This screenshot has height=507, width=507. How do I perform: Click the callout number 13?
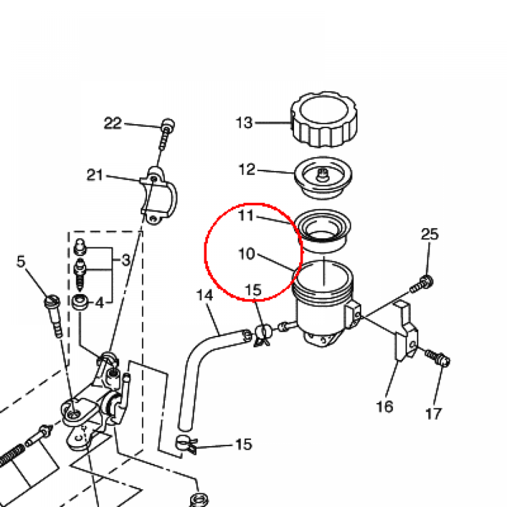pyautogui.click(x=244, y=123)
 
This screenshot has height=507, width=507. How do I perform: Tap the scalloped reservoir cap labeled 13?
pyautogui.click(x=324, y=119)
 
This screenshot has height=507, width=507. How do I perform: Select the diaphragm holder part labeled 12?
pyautogui.click(x=323, y=178)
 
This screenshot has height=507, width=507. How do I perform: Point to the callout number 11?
pyautogui.click(x=246, y=215)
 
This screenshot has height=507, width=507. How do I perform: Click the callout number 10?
pyautogui.click(x=247, y=254)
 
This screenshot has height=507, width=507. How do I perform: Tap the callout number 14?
pyautogui.click(x=204, y=295)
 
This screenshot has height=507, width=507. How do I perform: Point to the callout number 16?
pyautogui.click(x=384, y=406)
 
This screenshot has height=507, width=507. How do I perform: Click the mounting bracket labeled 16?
pyautogui.click(x=406, y=331)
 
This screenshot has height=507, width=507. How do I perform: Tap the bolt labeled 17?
pyautogui.click(x=438, y=358)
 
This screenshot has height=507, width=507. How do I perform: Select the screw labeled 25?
pyautogui.click(x=422, y=284)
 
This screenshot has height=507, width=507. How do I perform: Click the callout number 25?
pyautogui.click(x=429, y=234)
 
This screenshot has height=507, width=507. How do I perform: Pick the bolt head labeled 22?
pyautogui.click(x=167, y=125)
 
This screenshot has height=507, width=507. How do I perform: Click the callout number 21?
pyautogui.click(x=95, y=175)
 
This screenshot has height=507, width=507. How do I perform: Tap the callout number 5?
pyautogui.click(x=21, y=261)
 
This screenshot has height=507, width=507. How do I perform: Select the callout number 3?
pyautogui.click(x=126, y=260)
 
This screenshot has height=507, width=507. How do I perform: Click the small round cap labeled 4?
pyautogui.click(x=80, y=302)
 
